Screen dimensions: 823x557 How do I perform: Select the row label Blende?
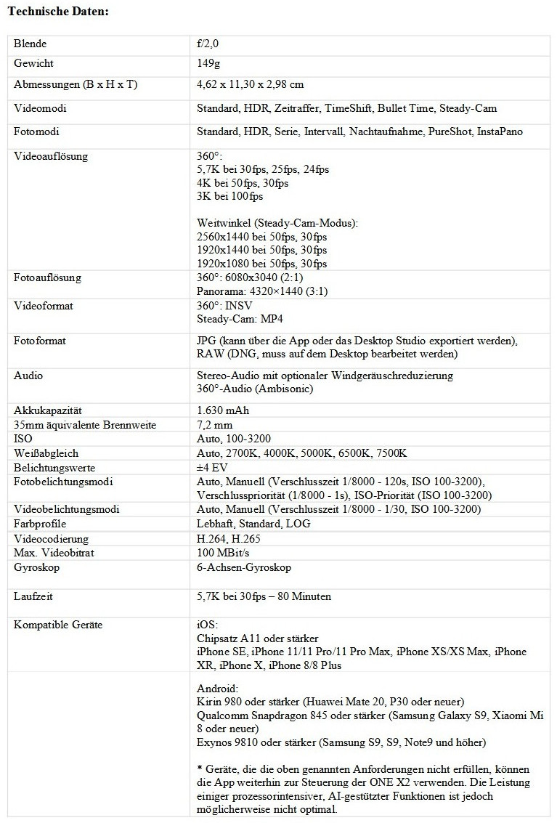30,44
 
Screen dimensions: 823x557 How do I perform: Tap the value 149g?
208,64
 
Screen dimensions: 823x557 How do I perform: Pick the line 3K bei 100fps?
229,196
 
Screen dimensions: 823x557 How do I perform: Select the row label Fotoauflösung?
47,278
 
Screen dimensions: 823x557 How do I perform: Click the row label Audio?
28,376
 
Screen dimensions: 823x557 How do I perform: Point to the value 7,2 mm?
214,424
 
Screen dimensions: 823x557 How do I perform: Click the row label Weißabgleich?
46,453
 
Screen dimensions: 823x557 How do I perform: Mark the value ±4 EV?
214,468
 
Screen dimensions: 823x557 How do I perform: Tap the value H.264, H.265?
228,539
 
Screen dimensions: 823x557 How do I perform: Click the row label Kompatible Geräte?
58,625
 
